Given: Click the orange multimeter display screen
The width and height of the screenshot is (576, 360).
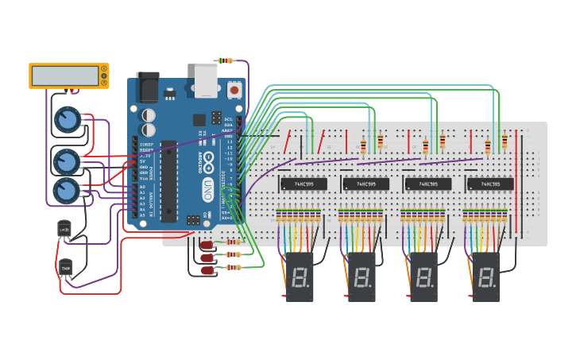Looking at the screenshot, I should (x=64, y=75).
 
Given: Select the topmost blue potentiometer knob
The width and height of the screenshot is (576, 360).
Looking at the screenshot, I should (x=68, y=120).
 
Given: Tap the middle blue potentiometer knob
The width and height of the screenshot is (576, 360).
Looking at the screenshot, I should (x=66, y=161).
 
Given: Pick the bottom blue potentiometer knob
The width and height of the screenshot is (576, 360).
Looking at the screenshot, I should (x=66, y=191).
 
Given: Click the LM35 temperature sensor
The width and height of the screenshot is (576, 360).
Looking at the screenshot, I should (x=64, y=229).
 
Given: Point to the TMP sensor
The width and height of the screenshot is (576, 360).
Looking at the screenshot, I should (x=65, y=269).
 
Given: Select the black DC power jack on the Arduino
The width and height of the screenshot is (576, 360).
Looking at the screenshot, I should (x=148, y=87).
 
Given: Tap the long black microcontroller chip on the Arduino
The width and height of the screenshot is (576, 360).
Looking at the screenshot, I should (x=168, y=180).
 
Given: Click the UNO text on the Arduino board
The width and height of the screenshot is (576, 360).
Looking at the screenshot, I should (x=207, y=190).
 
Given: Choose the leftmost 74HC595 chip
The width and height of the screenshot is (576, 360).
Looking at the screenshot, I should (x=303, y=184).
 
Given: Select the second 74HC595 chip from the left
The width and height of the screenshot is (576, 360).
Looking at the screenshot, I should (x=365, y=184).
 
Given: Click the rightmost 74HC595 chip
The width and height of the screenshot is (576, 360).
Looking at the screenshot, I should (x=490, y=184).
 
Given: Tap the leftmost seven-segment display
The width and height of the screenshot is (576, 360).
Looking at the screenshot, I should (x=300, y=277).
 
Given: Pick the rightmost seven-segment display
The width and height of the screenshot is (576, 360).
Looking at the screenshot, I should (x=486, y=277).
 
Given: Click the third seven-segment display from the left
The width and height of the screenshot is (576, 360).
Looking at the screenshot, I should (x=424, y=277).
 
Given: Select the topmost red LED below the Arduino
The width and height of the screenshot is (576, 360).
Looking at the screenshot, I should (x=207, y=245).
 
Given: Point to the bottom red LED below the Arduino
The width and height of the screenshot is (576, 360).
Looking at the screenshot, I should (x=208, y=270).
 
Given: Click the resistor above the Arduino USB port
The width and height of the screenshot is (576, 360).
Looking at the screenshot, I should (x=226, y=60).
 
